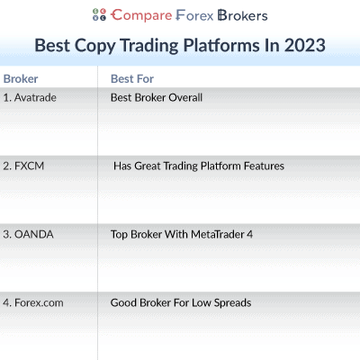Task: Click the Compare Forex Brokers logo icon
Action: coord(99,15)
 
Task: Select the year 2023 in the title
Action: coord(304,44)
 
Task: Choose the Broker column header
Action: coord(21,79)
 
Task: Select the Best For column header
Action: coord(131,79)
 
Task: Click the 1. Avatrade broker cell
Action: coord(30,97)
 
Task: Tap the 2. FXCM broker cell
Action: coord(24,166)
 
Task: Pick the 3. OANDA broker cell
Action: coord(28,234)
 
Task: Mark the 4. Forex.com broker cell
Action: coord(33,302)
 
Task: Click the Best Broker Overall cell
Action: coord(156,97)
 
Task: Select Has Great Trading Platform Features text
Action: coord(198,166)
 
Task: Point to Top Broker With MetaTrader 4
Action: coord(181,234)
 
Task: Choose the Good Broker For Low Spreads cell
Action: coord(180,302)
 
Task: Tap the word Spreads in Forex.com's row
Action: coord(232,302)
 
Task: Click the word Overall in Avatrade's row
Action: coord(185,97)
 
